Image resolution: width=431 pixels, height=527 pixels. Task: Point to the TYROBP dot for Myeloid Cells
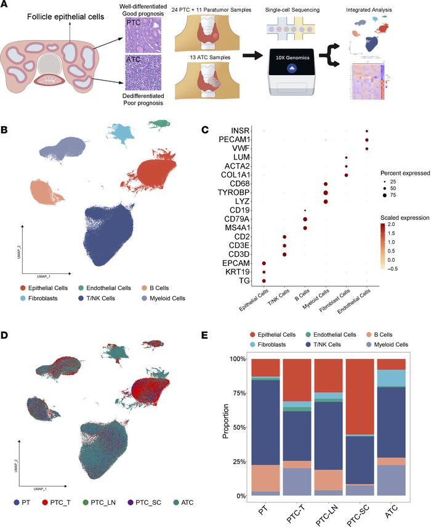point(325,193)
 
